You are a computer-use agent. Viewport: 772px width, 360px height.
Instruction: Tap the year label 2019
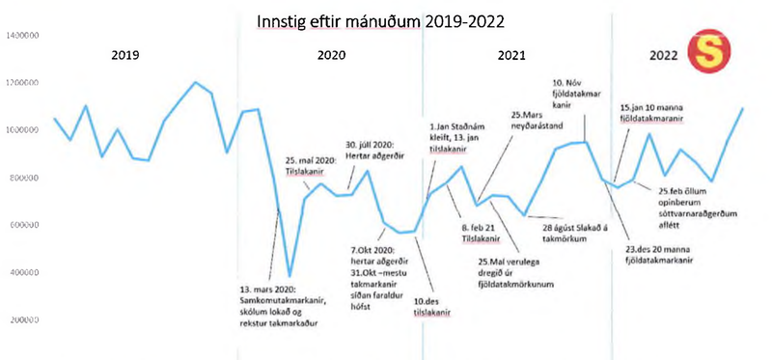pyautogui.click(x=125, y=55)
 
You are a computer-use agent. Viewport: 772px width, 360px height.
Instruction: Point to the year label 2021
pyautogui.click(x=518, y=55)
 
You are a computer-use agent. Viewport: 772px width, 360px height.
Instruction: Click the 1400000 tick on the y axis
pyautogui.click(x=21, y=36)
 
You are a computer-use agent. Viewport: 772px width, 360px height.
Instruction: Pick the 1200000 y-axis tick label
pyautogui.click(x=21, y=83)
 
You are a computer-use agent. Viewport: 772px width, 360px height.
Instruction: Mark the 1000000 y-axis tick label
pyautogui.click(x=21, y=130)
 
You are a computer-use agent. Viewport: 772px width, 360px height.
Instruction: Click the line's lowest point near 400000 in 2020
pyautogui.click(x=289, y=276)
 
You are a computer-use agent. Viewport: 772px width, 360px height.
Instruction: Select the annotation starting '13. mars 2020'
pyautogui.click(x=281, y=305)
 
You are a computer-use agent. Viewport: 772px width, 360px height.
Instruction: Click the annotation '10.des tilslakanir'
pyautogui.click(x=434, y=305)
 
